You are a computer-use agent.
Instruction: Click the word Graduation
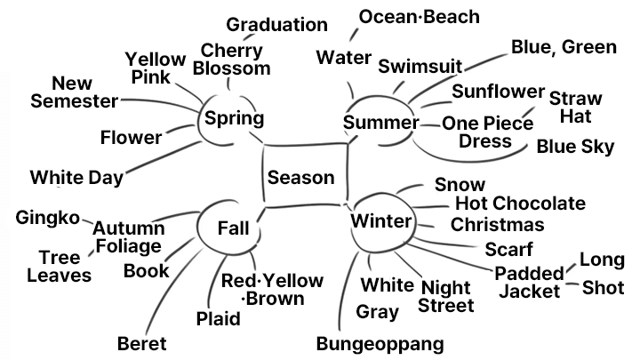pos(276,25)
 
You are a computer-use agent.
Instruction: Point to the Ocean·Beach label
pos(420,17)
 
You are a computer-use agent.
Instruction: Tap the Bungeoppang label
pos(380,344)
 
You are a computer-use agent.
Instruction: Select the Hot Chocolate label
pos(520,203)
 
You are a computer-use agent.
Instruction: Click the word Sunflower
pos(498,92)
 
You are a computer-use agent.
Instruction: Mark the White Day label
pos(76,178)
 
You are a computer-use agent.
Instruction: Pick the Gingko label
pos(48,218)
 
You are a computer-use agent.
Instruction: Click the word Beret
pos(142,344)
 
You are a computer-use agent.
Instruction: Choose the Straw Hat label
pos(575,108)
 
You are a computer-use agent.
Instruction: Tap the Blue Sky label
pos(575,147)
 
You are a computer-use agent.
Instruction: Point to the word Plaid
pos(219,319)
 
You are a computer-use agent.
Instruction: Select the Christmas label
pos(498,225)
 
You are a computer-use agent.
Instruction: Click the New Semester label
pos(75,92)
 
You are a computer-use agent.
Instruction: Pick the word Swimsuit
pos(420,66)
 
